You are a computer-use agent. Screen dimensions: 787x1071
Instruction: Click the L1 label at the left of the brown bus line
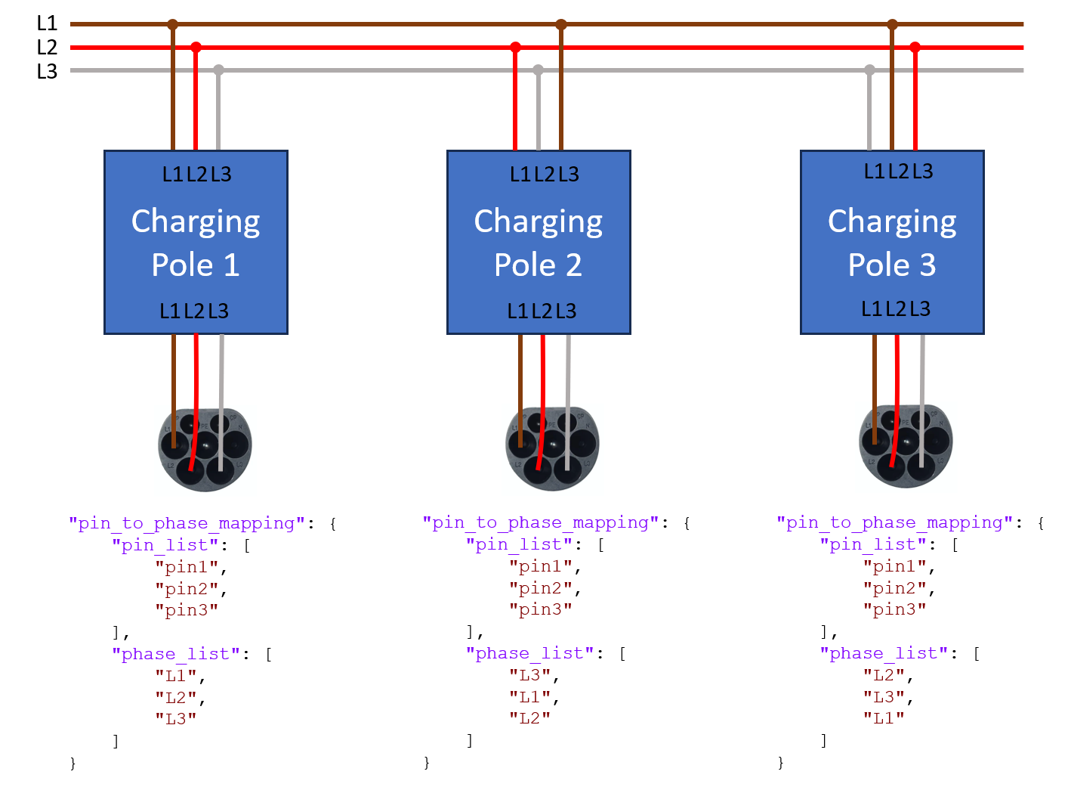[47, 23]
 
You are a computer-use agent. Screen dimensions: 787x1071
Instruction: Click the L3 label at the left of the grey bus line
[47, 71]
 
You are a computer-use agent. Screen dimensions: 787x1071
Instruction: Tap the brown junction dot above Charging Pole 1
[173, 24]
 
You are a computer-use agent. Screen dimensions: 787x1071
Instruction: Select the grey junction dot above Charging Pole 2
[538, 70]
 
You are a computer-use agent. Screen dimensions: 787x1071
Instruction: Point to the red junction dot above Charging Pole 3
[915, 47]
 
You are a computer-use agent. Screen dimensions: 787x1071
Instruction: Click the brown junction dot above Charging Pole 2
[561, 24]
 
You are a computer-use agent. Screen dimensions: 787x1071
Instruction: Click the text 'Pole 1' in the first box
[196, 265]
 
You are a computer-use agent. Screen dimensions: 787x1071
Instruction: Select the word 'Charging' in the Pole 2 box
[538, 222]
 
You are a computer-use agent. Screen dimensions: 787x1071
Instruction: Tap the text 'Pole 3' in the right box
[891, 265]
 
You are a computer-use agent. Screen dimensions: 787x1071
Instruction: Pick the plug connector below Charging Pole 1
[205, 450]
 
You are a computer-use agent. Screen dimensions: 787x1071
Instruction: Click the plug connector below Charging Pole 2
[552, 448]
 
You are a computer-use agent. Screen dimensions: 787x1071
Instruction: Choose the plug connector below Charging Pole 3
[906, 446]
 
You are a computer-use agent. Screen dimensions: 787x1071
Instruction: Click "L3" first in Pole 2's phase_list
[529, 675]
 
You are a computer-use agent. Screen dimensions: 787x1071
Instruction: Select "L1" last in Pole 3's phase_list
[884, 718]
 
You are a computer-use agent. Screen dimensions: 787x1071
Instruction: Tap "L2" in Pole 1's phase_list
[176, 697]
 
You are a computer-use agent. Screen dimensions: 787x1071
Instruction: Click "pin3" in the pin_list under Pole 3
[894, 609]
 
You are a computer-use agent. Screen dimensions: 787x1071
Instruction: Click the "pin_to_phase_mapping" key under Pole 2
[540, 522]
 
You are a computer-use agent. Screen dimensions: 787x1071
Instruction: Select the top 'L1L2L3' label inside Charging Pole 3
[898, 172]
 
